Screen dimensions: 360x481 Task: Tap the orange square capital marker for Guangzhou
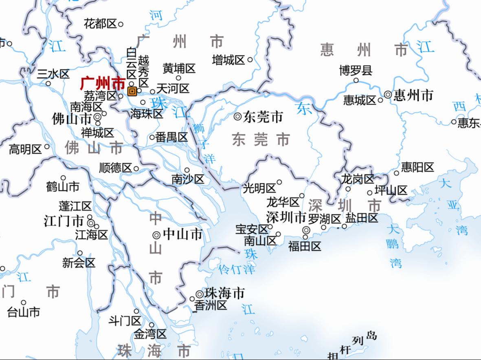[132, 91]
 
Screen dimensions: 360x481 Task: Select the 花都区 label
[100, 24]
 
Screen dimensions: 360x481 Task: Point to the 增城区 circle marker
[250, 60]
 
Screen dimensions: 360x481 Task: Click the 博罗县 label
[356, 71]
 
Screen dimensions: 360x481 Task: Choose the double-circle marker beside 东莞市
[237, 117]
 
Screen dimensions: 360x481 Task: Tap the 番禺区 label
[171, 137]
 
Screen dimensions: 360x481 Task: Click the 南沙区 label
[188, 179]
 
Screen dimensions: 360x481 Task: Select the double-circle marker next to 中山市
[156, 235]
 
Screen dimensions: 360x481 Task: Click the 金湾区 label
[150, 335]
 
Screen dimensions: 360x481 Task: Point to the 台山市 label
[24, 312]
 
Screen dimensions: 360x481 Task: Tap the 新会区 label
[79, 263]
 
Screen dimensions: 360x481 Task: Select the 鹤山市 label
[63, 187]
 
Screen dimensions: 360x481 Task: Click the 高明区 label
[25, 150]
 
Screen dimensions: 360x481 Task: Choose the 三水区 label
[53, 74]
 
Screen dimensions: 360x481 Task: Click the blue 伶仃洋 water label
[237, 269]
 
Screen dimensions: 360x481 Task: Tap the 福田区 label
[305, 246]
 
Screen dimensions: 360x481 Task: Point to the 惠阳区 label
[417, 167]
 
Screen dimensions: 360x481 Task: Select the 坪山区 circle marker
[370, 193]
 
